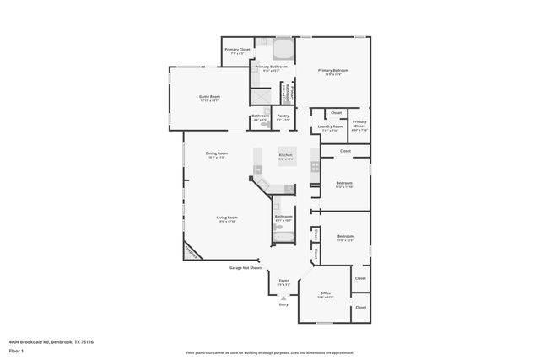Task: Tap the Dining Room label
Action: point(217,154)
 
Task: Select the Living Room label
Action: point(227,218)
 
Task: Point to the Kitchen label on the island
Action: point(286,156)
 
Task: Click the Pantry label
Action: point(283,117)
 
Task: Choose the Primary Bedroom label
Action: point(332,71)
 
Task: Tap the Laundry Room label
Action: point(330,128)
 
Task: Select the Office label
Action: point(325,293)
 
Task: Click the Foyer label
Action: point(283,282)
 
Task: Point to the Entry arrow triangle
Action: point(283,298)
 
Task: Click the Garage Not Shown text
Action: point(246,268)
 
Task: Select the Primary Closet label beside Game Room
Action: point(237,50)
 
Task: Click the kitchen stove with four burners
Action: point(315,165)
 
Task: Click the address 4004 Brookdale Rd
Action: point(51,342)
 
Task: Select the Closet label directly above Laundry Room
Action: point(336,112)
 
